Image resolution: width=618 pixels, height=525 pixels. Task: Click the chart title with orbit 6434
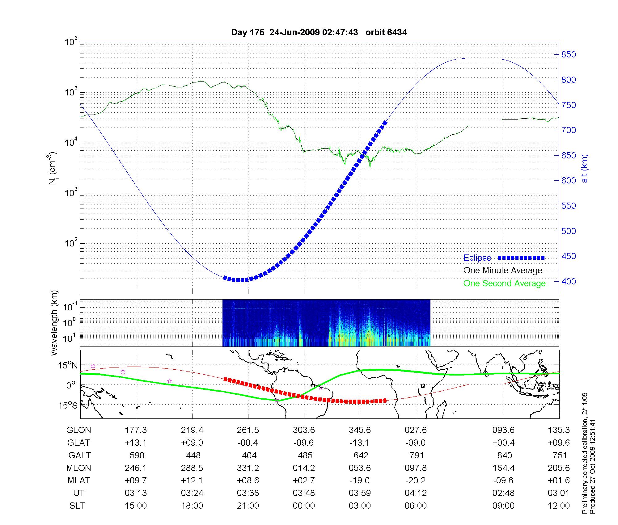[319, 32]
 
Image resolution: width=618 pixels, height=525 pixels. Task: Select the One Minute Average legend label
[503, 271]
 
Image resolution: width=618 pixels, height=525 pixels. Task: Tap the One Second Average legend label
[504, 283]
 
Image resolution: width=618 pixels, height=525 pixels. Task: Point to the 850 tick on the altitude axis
[569, 55]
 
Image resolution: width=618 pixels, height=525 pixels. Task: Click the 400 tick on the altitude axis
[569, 281]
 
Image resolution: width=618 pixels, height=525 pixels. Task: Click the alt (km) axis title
[584, 168]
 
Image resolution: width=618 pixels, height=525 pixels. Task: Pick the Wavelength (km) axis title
[54, 323]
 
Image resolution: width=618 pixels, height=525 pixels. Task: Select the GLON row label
[79, 430]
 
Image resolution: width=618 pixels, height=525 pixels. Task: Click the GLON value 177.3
[136, 430]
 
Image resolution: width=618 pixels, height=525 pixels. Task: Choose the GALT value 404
[248, 456]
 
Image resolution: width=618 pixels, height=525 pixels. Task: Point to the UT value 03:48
[304, 493]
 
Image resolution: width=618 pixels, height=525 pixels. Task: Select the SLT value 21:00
[248, 506]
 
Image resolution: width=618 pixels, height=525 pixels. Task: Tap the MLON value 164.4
[504, 468]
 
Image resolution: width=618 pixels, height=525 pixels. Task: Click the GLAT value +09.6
[559, 443]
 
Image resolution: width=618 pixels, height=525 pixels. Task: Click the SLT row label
[77, 506]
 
